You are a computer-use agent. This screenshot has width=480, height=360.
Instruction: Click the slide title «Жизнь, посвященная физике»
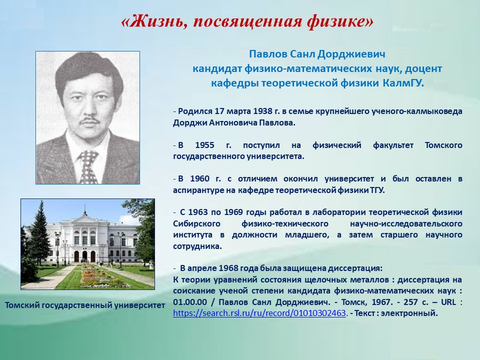click(x=247, y=21)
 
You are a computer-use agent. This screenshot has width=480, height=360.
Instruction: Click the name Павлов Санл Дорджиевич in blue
click(x=317, y=54)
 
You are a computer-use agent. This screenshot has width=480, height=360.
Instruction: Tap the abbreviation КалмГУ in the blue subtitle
click(x=403, y=83)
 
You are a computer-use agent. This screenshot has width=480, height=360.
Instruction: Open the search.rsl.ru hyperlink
click(x=259, y=313)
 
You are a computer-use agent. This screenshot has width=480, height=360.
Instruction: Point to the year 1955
click(x=205, y=145)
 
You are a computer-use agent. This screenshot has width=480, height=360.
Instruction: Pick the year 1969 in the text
click(x=233, y=212)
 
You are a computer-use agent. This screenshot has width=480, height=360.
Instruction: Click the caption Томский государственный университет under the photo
click(x=85, y=305)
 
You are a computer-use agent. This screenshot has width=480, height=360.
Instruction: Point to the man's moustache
click(x=89, y=119)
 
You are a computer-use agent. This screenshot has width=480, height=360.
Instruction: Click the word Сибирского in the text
click(x=196, y=224)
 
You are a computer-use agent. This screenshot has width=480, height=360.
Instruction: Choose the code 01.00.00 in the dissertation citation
click(x=190, y=302)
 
